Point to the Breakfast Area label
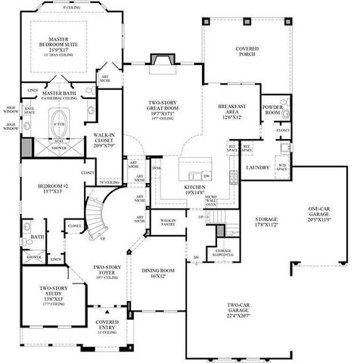point(231,111)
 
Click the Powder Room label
point(273,110)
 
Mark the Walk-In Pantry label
point(168,222)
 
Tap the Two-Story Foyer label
point(108,271)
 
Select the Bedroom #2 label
point(54,188)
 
